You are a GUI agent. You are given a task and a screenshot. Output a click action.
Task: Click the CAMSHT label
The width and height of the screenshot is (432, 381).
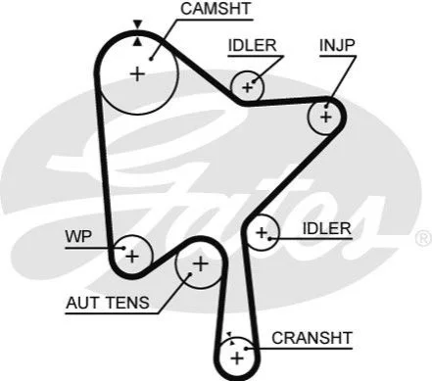pos(216,9)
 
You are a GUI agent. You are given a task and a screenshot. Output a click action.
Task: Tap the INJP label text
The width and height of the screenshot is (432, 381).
pos(337,45)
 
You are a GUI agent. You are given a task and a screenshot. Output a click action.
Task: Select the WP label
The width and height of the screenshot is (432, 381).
pos(78,236)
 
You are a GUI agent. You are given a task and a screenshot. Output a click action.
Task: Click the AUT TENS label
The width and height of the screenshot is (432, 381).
pos(108,303)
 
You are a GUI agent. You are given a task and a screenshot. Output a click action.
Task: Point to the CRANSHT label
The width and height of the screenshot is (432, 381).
pos(312,338)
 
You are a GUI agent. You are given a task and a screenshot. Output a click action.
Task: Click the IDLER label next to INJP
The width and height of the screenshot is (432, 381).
pos(252,45)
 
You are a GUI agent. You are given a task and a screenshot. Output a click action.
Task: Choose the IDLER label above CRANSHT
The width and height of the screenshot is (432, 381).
pos(327,228)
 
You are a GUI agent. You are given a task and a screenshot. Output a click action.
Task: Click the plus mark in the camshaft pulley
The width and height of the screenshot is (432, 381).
pos(137,74)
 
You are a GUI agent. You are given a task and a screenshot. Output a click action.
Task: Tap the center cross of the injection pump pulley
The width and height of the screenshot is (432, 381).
pos(326,118)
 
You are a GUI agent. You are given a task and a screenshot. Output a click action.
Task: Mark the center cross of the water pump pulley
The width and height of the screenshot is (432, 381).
pos(132,257)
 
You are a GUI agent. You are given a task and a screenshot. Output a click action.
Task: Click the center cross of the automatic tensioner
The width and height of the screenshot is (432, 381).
pos(201,263)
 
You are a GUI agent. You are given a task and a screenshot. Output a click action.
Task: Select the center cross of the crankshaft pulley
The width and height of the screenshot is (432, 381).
pos(237,358)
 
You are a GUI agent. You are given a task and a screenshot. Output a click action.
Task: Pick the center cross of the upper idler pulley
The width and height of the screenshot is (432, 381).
pos(248,87)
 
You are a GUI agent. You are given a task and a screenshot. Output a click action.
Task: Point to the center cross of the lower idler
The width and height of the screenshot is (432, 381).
pos(262,233)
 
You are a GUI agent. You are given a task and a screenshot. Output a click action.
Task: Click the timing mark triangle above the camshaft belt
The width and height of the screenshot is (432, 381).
pos(138,24)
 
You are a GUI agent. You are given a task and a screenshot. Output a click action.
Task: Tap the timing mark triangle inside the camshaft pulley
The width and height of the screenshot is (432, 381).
pos(138,41)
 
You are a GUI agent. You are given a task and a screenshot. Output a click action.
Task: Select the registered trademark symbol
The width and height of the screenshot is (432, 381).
pos(424,238)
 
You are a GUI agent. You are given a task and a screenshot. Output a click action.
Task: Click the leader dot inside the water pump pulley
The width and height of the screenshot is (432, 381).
pos(123,248)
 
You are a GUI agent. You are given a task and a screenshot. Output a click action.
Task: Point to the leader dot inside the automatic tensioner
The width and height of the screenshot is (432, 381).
pos(189,274)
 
